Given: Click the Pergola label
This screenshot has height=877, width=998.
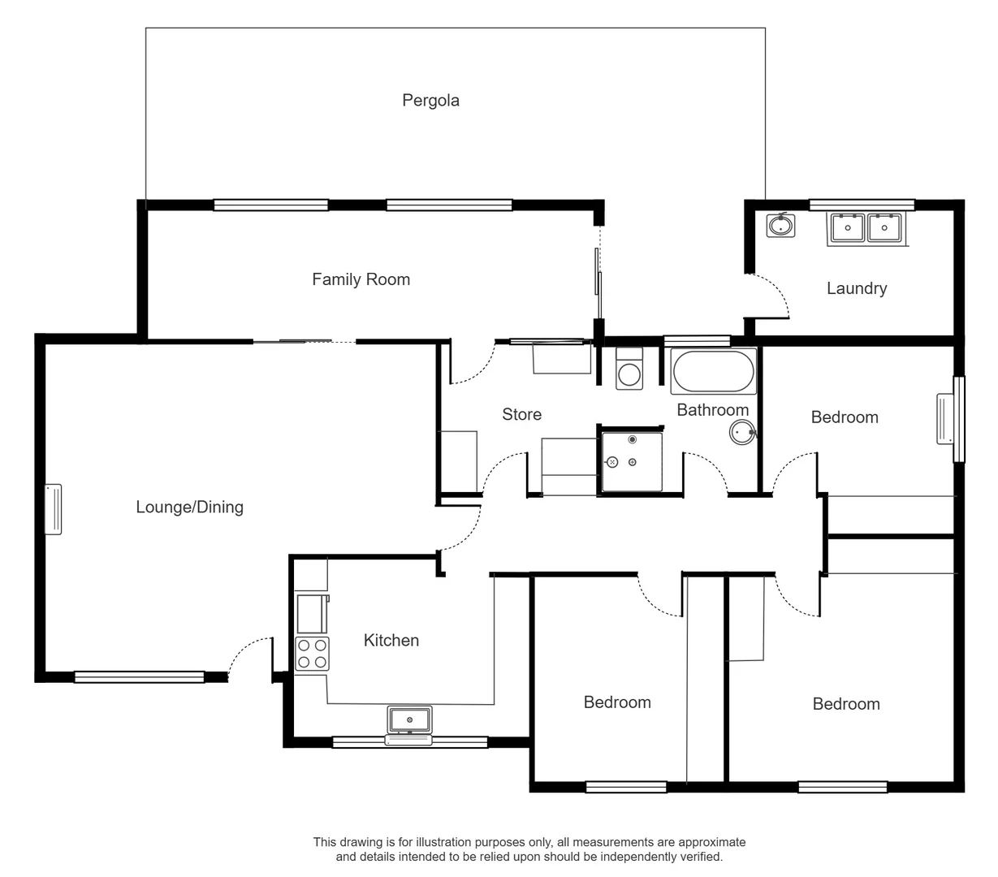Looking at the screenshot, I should (430, 101).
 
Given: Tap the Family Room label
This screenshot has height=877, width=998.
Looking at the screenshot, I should (361, 279).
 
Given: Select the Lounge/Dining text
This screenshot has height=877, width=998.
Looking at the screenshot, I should (189, 507).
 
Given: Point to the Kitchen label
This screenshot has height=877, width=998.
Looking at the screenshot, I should (391, 640).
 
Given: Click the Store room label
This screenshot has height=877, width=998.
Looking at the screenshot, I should (521, 414).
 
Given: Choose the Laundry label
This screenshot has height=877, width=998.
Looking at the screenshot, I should (856, 288).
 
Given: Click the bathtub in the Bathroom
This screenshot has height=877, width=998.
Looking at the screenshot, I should (713, 371).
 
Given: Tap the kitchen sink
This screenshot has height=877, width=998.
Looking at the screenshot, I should (410, 719).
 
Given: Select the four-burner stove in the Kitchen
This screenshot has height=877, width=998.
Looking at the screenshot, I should (313, 654).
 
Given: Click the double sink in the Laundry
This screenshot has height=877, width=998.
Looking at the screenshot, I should (866, 228).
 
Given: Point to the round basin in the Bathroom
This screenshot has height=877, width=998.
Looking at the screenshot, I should (741, 432).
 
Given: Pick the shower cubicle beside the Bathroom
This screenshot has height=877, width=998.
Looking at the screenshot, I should (631, 462).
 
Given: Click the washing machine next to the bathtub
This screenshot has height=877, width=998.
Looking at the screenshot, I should (629, 369).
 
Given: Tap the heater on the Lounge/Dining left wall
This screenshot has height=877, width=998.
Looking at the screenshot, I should (53, 510).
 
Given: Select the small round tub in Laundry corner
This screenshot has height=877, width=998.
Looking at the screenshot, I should (780, 225).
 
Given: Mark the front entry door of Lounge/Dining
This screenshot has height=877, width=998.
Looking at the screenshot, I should (250, 656).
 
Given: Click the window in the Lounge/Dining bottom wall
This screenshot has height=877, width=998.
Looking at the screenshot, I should (139, 676).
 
